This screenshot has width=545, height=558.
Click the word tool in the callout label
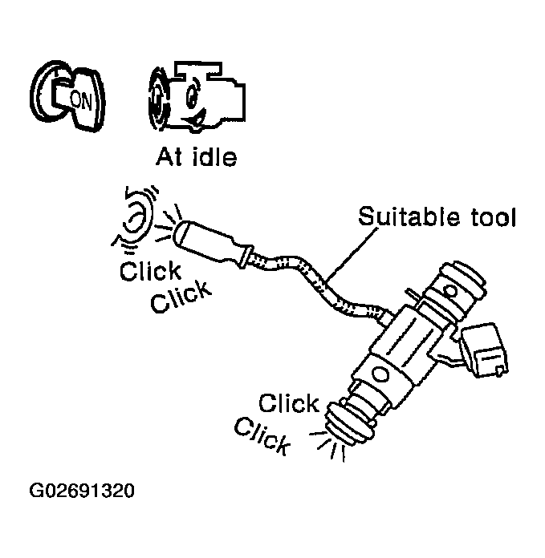[486, 216]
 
